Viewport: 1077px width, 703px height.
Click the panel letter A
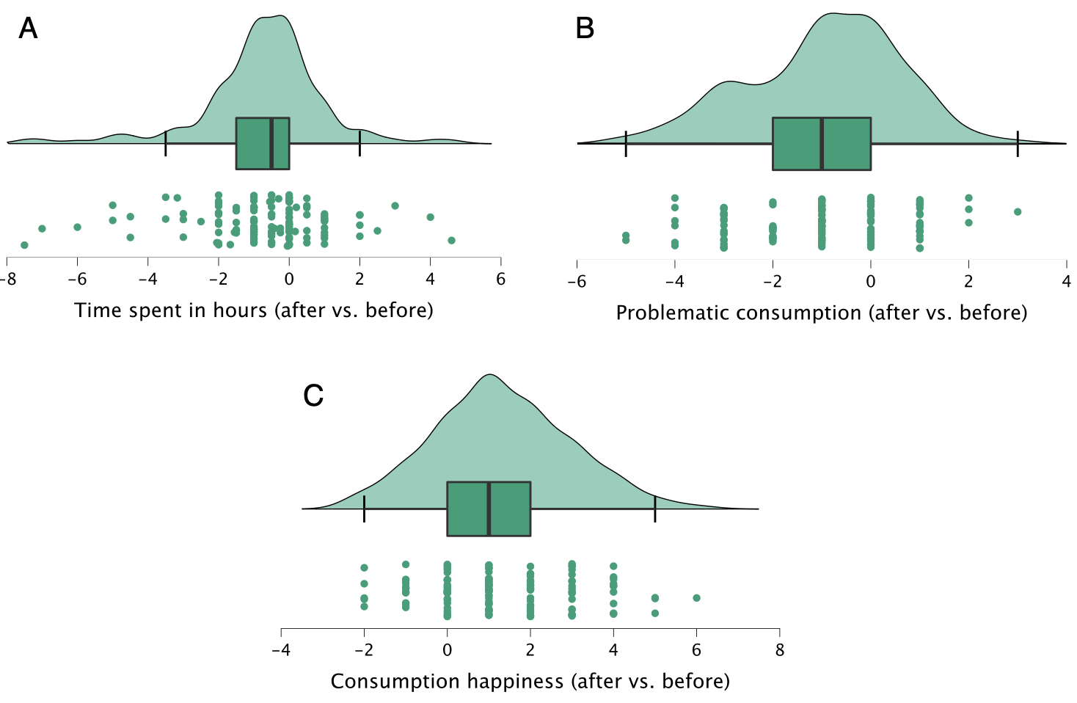coord(28,29)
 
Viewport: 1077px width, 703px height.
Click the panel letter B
coord(585,29)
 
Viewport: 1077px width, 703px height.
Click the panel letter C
coord(313,396)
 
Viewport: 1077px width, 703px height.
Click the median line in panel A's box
coord(271,143)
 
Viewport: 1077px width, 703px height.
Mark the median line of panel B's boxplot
coord(822,143)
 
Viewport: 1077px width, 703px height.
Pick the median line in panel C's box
coord(489,509)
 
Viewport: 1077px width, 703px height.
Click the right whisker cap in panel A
coord(359,143)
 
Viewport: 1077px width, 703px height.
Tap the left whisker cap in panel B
coord(626,143)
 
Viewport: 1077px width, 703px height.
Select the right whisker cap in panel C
coord(655,509)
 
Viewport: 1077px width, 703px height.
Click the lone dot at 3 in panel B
coord(1018,212)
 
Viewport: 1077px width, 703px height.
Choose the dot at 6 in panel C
coord(696,598)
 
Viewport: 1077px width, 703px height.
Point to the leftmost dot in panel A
coord(24,245)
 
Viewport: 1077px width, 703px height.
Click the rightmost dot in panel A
coord(451,241)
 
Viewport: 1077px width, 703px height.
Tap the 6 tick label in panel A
coord(500,280)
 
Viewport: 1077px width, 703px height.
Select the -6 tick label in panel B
coord(577,282)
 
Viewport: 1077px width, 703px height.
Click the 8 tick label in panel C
coord(779,650)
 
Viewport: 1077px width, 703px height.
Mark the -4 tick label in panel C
coord(280,650)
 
